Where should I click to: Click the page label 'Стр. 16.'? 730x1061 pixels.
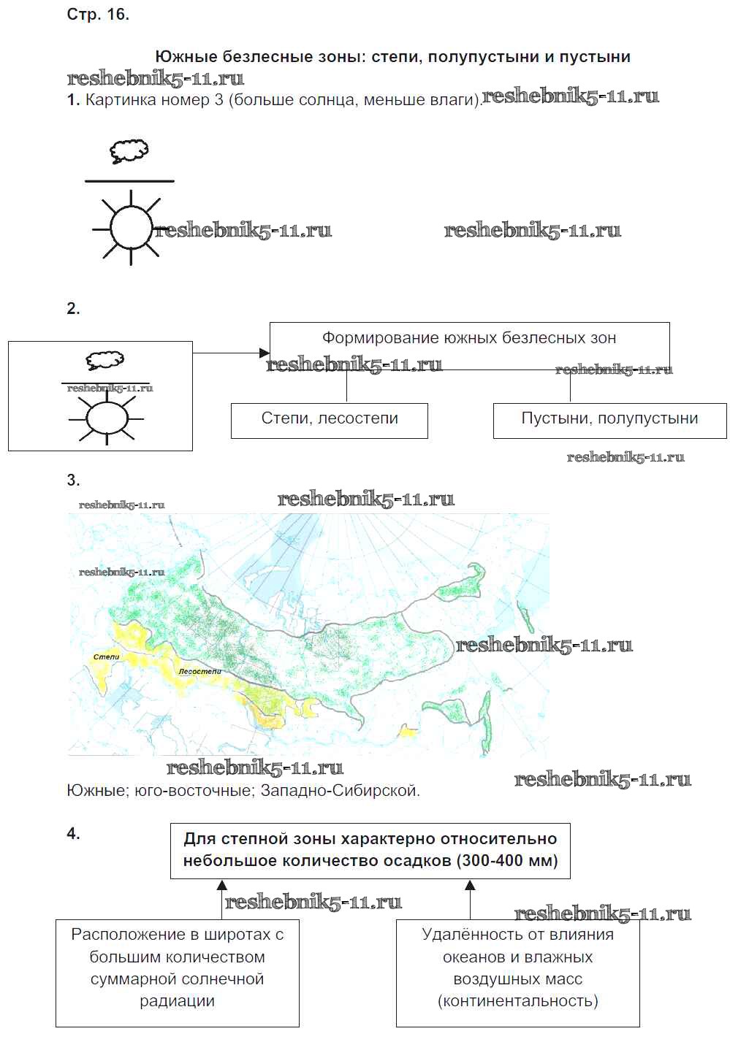[98, 15]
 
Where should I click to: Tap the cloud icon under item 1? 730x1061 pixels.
[129, 152]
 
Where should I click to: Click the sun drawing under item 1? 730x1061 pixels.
[131, 229]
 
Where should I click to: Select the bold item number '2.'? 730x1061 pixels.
[73, 309]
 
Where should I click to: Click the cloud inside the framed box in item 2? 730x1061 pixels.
[105, 361]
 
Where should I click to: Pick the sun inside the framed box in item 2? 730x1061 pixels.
[107, 418]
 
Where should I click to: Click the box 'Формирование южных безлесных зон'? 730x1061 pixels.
[469, 338]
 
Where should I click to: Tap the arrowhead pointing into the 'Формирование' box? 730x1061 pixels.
[265, 353]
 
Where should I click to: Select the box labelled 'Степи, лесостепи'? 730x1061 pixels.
[330, 418]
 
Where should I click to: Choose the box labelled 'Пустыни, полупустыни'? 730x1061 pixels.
[609, 418]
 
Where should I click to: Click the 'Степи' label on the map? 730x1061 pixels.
[106, 657]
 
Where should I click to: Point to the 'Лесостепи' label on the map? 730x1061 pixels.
[199, 671]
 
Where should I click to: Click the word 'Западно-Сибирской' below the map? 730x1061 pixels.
[340, 791]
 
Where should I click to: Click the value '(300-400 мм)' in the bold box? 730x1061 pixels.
[507, 861]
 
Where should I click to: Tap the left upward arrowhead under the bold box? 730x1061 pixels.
[222, 886]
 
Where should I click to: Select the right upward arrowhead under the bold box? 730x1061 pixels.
[470, 886]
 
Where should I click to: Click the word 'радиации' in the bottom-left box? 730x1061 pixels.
[177, 1001]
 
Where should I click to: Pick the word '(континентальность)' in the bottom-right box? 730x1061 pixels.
[517, 1001]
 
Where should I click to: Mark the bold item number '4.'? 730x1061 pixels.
[73, 834]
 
